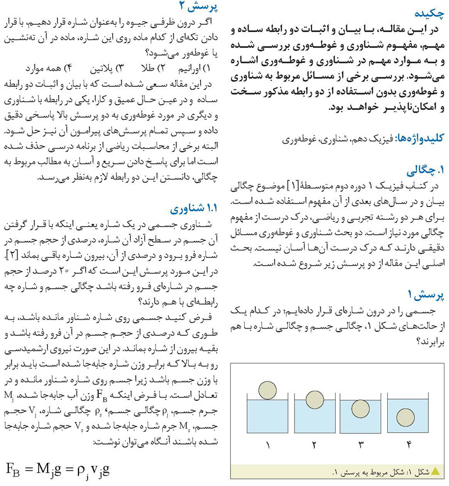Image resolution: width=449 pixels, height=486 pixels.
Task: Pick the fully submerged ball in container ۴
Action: pos(402,418)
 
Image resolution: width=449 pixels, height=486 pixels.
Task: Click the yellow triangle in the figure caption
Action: pos(435,472)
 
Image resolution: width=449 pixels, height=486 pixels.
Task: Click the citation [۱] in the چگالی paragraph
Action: pos(294,186)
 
